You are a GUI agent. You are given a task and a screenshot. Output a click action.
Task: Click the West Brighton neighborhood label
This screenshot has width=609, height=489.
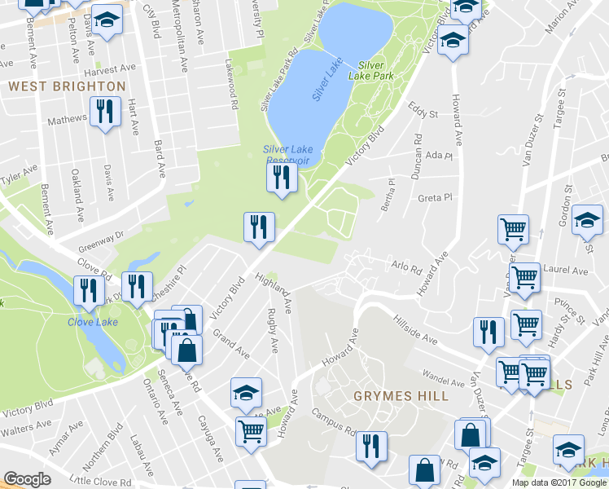click(x=67, y=86)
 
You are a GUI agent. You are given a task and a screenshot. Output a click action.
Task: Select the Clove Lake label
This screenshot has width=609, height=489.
click(x=91, y=320)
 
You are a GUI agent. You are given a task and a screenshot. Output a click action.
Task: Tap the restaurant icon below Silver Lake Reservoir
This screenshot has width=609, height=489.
click(x=282, y=178)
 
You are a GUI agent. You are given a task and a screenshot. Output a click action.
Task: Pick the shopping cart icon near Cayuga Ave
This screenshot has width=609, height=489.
click(x=251, y=431)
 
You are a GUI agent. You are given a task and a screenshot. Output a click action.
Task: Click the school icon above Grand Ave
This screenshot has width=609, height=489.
click(x=246, y=394)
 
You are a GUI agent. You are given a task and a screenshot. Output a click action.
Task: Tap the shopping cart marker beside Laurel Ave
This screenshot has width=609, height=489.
click(x=524, y=277)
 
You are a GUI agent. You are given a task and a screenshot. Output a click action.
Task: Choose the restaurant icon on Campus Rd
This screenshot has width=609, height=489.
click(x=371, y=446)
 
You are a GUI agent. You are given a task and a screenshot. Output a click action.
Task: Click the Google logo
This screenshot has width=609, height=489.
click(x=27, y=479)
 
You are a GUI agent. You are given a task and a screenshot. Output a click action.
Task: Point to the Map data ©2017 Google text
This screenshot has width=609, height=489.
click(x=558, y=482)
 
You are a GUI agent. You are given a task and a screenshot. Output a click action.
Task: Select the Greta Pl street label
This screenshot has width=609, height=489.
click(x=434, y=197)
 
